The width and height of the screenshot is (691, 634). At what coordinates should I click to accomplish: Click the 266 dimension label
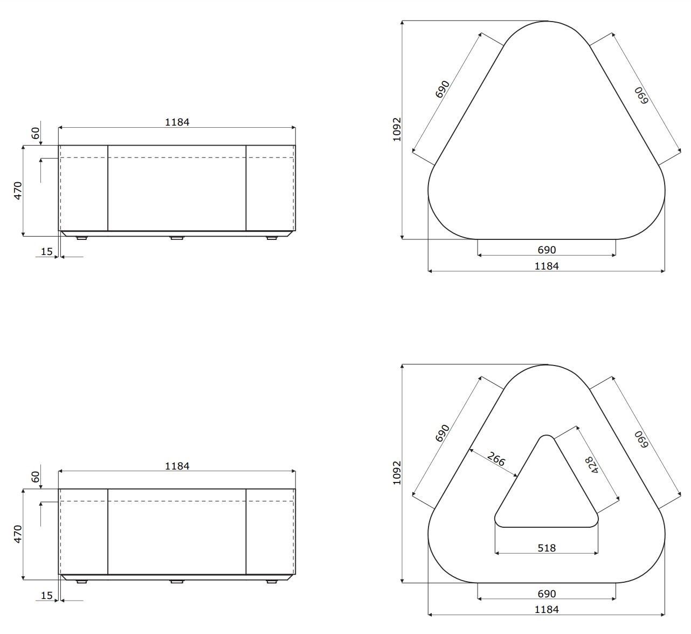pos(496,459)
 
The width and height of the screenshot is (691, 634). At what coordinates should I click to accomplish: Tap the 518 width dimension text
pos(547,548)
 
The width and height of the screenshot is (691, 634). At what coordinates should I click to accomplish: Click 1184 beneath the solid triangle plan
pos(547,266)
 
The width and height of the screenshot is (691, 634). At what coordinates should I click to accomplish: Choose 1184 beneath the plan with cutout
pos(547,610)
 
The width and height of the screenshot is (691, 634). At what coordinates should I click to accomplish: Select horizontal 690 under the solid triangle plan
pos(547,250)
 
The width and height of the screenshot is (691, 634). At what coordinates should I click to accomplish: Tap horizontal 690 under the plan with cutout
pos(547,594)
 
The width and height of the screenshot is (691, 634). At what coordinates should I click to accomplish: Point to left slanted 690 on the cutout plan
pos(442,433)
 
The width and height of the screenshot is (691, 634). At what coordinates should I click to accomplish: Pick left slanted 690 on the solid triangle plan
pos(442,89)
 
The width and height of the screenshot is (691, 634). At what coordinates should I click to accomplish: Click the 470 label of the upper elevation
pos(18,191)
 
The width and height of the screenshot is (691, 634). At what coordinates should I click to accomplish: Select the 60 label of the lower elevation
pos(36,477)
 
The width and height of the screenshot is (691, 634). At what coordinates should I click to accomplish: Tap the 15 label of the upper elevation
pos(47,252)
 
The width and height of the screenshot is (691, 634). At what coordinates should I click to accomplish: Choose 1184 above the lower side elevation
pos(177,466)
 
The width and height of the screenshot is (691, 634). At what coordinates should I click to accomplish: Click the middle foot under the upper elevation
pos(177,238)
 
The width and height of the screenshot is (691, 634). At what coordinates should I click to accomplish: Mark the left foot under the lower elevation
pos(81,582)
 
